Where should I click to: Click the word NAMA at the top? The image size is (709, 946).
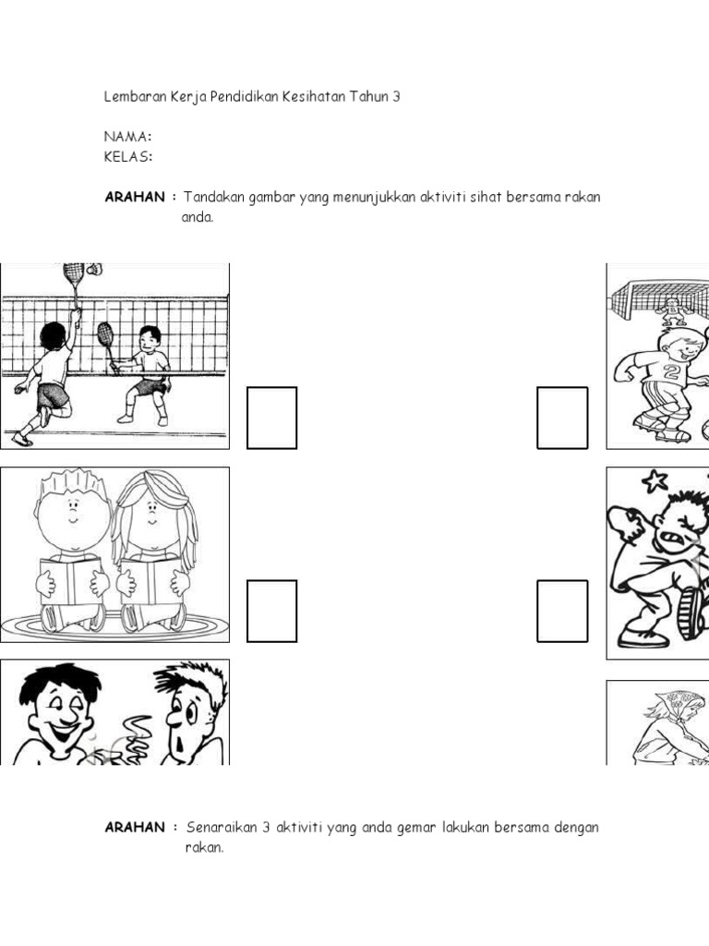tap(126, 137)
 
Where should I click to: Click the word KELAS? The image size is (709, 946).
tap(127, 156)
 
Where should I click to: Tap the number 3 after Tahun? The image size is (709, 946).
tap(396, 96)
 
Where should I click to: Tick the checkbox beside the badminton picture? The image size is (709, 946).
tap(272, 418)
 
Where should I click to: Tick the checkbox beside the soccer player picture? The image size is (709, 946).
tap(562, 418)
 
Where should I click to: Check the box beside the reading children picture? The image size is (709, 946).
tap(272, 611)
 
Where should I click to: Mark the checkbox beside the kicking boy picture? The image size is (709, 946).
tap(562, 611)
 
